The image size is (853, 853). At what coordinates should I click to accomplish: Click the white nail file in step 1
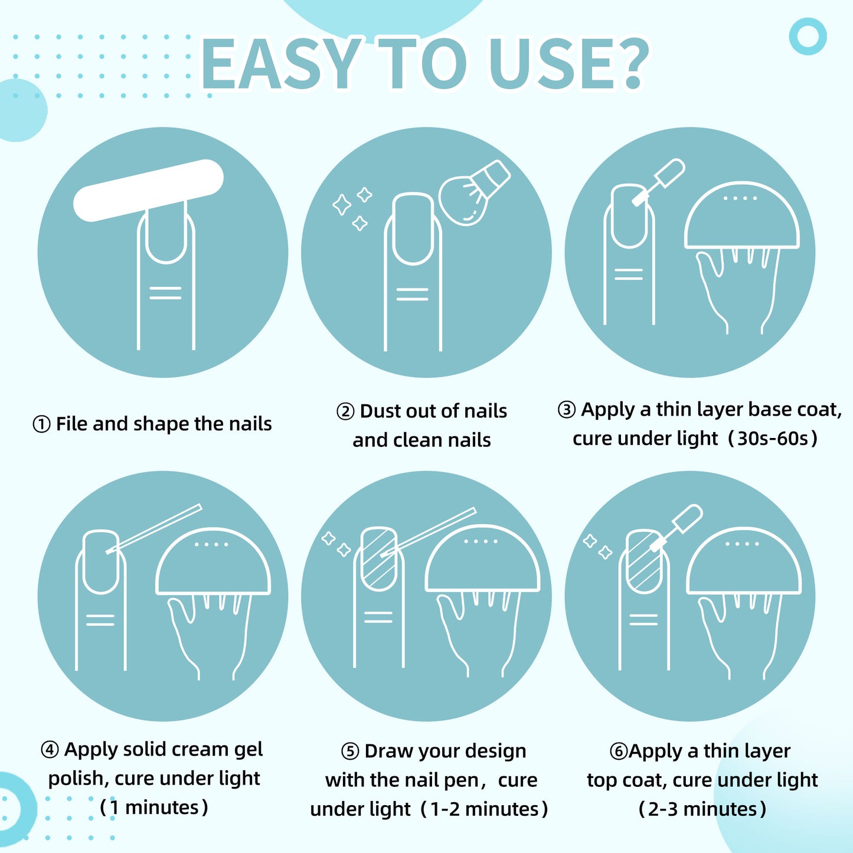[x=148, y=190]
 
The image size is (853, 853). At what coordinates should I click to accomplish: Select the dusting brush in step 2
[x=474, y=192]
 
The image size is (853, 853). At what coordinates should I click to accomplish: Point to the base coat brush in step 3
[x=659, y=182]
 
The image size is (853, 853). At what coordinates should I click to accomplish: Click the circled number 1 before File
[x=41, y=424]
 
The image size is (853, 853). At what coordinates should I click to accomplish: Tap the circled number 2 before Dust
[x=345, y=411]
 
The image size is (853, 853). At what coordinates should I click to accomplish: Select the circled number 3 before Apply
[x=567, y=410]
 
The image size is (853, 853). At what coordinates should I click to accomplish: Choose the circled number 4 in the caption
[x=50, y=750]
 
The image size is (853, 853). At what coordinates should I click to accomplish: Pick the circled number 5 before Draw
[x=350, y=751]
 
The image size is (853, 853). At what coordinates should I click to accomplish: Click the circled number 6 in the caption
[x=619, y=751]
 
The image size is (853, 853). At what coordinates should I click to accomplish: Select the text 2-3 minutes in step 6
[x=702, y=809]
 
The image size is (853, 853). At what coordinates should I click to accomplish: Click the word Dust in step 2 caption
[x=380, y=411]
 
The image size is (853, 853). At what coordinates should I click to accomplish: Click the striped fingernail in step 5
[x=378, y=559]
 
